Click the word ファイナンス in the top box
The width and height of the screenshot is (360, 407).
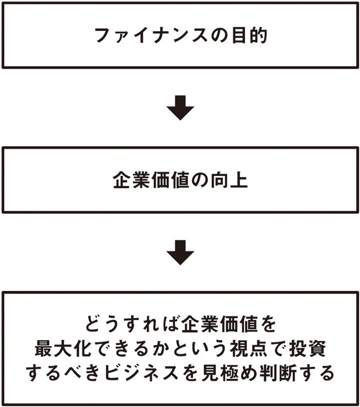tap(151, 35)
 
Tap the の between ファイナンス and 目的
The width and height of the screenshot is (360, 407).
tap(220, 36)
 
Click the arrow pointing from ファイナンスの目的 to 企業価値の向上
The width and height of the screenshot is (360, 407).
tap(180, 108)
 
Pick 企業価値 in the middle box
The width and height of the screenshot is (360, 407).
tap(150, 180)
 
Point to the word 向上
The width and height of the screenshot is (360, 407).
tap(229, 180)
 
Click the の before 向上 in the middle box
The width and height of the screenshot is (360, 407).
tap(199, 180)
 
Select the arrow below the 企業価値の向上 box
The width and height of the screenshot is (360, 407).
tap(180, 252)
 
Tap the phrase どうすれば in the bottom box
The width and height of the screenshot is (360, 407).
tap(133, 324)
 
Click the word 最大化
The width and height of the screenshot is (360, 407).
tap(63, 348)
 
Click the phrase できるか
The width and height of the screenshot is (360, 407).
tap(129, 348)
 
